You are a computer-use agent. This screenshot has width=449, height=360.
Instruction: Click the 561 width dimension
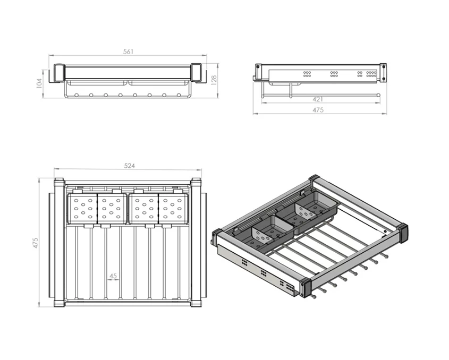coord(128,52)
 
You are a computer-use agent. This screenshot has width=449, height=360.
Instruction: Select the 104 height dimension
coord(39,83)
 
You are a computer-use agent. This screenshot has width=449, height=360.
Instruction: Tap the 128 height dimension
coord(214,80)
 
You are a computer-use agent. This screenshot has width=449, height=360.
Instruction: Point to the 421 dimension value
coord(318,99)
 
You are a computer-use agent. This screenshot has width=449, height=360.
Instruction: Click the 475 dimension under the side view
coord(318,110)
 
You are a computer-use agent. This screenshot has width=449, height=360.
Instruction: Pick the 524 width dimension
coord(129,166)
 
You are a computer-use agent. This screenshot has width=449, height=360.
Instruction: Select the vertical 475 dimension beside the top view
coord(35,243)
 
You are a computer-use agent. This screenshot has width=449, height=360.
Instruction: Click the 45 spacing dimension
coord(113,276)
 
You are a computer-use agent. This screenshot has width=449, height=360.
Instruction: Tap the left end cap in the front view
coord(60,73)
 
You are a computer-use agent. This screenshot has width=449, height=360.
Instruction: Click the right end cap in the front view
coord(197,73)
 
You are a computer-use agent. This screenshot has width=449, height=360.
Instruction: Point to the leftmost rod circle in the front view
coord(77,95)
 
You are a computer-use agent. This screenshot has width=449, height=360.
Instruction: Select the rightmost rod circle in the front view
coord(179,95)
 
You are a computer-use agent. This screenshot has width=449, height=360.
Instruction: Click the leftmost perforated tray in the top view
coord(82,208)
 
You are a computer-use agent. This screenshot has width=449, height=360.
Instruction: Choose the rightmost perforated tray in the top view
coord(173,208)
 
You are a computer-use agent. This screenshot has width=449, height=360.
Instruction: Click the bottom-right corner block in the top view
coord(197,303)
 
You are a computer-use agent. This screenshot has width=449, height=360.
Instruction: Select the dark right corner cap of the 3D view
coord(403,232)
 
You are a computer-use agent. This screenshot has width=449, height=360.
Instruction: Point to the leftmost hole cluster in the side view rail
coord(307,74)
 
